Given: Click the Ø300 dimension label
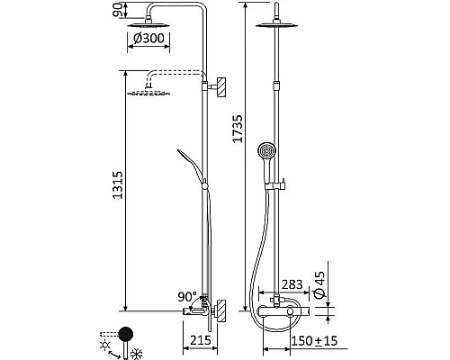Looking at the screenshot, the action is pos(148,39).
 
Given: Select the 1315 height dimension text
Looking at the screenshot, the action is pos(118,184).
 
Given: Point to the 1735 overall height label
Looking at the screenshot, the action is pos(238,129).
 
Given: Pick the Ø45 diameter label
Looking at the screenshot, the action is pos(319,285).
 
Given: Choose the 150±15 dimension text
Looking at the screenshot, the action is pos(314,341).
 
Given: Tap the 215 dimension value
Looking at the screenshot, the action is pos(201,340).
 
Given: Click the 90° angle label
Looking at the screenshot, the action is pos(187,297).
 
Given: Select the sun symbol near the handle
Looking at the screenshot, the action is pos(105,346).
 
